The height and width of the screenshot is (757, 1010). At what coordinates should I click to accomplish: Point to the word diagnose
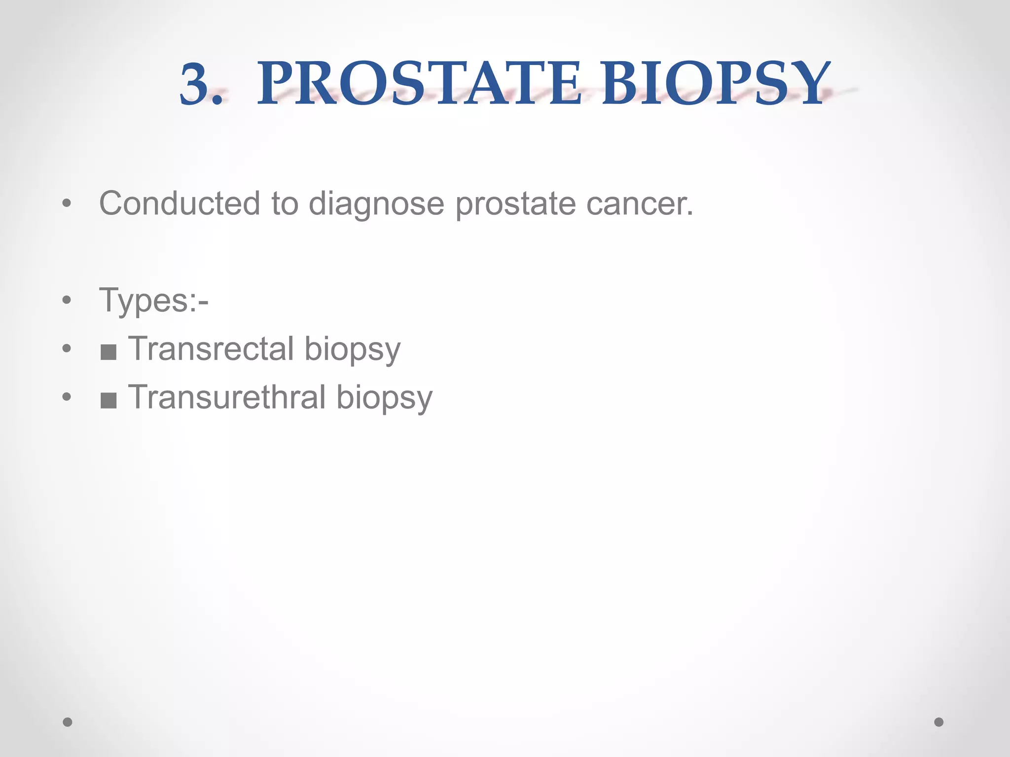pos(376,204)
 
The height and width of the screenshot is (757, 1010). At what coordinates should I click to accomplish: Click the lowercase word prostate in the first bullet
pos(515,204)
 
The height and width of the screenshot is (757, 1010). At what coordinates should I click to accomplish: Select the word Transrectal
pos(211,348)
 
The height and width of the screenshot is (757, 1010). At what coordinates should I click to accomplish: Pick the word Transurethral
pos(227,397)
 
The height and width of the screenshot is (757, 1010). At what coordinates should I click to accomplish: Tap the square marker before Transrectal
pos(108,352)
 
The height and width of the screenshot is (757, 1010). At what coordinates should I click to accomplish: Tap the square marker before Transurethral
pos(108,400)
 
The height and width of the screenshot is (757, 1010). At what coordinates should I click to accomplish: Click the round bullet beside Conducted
pos(67,203)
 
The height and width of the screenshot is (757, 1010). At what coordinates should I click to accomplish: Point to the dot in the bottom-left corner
pos(68,722)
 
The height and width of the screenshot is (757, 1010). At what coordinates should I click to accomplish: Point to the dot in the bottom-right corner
pos(939,722)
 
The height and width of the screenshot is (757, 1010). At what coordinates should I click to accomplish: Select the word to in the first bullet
pos(285,203)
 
